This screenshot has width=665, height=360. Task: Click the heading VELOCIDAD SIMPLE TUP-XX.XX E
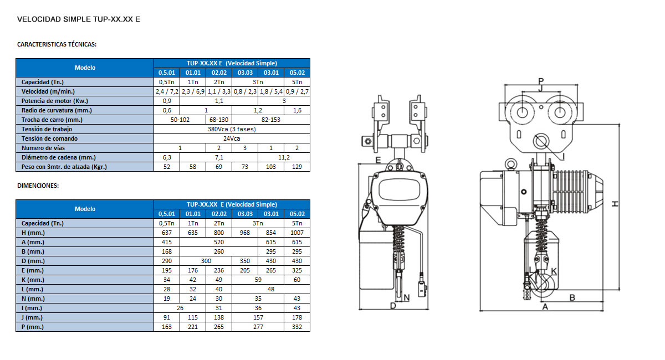point(78,19)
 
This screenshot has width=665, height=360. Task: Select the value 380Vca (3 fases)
point(232,129)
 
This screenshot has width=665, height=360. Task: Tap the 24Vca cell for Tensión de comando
point(232,138)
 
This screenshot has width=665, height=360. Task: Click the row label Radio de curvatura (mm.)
point(57,110)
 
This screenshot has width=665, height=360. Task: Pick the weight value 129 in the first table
point(297,167)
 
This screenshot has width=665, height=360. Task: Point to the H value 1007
point(297,233)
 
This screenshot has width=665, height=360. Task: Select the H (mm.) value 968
point(244,233)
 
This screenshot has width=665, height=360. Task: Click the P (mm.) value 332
point(297,327)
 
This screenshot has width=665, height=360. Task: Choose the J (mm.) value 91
point(167,317)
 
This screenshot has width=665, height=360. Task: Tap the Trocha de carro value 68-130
point(219,120)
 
